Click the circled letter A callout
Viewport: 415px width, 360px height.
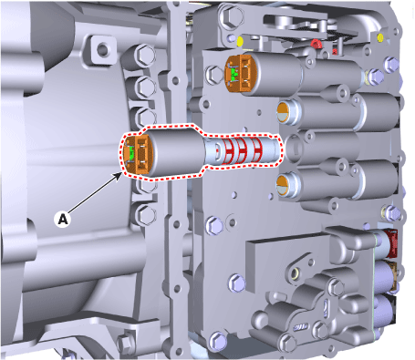tap(63, 219)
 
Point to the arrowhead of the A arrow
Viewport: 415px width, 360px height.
tap(119, 174)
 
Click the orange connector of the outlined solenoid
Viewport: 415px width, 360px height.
tap(137, 155)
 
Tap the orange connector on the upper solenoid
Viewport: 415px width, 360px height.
tap(240, 74)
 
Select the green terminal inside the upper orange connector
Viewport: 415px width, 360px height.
tap(233, 73)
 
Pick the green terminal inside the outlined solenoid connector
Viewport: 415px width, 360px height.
tap(131, 154)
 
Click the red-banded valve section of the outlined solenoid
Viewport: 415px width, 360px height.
tap(240, 149)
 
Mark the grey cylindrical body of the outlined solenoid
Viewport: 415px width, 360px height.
tap(176, 152)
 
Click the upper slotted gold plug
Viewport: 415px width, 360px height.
tap(285, 112)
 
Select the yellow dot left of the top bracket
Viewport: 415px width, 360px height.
tap(240, 41)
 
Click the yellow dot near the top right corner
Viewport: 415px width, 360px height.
tap(380, 37)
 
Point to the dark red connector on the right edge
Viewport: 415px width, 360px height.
tap(391, 244)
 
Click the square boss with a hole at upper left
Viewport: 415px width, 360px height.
tap(103, 48)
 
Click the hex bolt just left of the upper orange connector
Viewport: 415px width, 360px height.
tap(214, 74)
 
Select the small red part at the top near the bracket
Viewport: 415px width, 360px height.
tap(316, 44)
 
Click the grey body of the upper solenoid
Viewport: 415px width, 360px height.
tap(276, 75)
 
